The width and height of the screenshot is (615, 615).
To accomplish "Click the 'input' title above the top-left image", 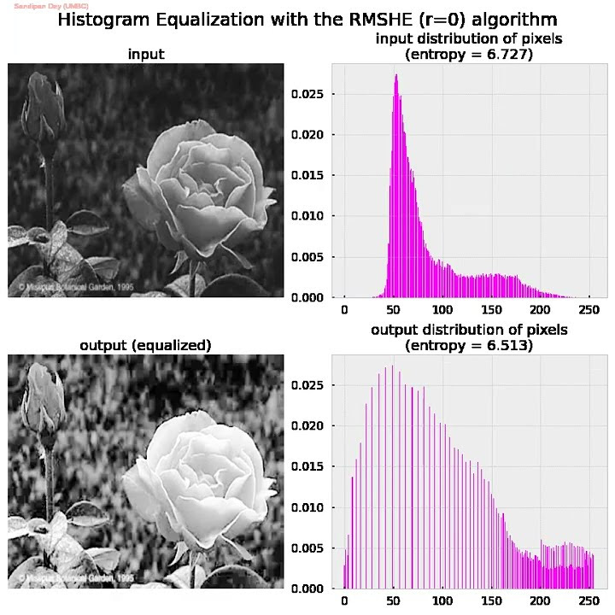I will (x=146, y=55).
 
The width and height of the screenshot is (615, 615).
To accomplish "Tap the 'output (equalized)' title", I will (x=146, y=345).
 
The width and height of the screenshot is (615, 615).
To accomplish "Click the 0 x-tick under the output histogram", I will (x=344, y=600).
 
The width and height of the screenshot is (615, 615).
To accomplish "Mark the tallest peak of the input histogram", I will (x=396, y=76).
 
